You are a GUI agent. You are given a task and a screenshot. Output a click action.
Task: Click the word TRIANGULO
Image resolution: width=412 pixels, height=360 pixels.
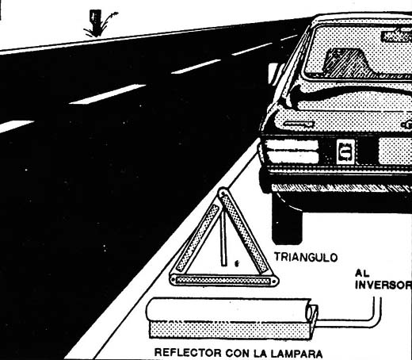point(306,257)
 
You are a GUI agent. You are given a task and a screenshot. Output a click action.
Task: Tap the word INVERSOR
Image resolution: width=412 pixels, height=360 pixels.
point(383,285)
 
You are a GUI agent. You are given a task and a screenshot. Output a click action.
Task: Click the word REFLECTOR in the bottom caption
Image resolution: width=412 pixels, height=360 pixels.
point(188,353)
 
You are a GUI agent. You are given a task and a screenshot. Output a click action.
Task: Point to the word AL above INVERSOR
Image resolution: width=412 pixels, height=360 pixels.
point(362,274)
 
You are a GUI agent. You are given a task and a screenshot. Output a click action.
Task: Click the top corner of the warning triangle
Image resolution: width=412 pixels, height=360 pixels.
point(223,190)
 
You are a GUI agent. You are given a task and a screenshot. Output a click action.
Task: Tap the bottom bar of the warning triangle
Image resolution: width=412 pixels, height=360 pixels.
point(224,280)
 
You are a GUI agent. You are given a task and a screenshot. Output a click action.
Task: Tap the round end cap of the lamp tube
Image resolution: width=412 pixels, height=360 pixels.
point(311,312)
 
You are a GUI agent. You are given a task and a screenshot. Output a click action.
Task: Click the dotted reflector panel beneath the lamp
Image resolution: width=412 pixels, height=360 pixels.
point(229,329)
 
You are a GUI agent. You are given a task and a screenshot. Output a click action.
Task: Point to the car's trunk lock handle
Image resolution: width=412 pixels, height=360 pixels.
point(299,124)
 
